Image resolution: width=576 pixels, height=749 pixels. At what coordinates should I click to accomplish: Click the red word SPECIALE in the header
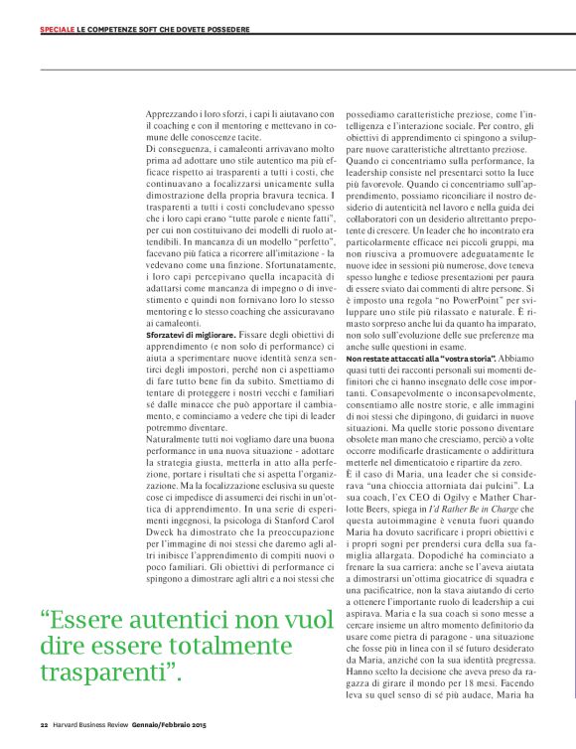point(56,28)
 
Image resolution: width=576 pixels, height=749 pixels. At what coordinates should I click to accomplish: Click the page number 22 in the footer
point(44,722)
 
